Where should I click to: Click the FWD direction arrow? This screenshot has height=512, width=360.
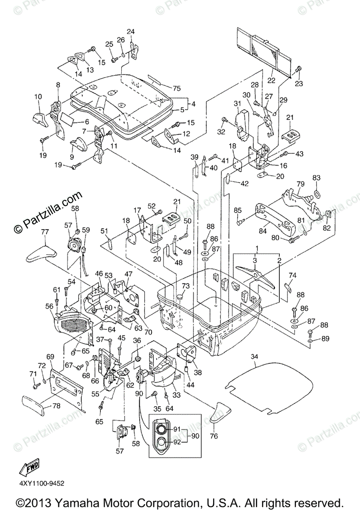(x=29, y=467)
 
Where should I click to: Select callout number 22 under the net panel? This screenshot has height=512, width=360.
(x=271, y=81)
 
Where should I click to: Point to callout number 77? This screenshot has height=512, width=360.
(x=45, y=232)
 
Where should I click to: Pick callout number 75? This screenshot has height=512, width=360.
(x=176, y=88)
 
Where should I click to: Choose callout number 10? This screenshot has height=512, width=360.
(x=38, y=97)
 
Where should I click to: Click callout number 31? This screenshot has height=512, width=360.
(x=237, y=104)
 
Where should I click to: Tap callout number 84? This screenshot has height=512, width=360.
(x=263, y=231)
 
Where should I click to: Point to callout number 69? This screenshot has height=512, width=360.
(x=50, y=356)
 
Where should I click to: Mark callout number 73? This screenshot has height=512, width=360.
(x=186, y=286)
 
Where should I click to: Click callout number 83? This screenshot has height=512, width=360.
(x=316, y=177)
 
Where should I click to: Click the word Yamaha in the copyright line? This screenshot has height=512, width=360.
(x=76, y=503)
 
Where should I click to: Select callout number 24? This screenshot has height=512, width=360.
(x=131, y=31)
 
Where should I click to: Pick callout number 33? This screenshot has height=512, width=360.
(x=176, y=395)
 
